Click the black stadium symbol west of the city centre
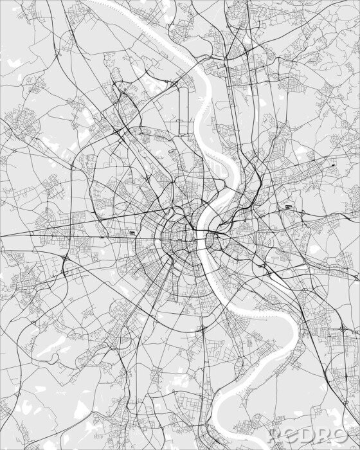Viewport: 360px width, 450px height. pyautogui.click(x=132, y=234)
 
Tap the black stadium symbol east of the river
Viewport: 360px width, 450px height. pyautogui.click(x=289, y=208)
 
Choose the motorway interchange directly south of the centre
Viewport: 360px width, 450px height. pyautogui.click(x=203, y=330)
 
